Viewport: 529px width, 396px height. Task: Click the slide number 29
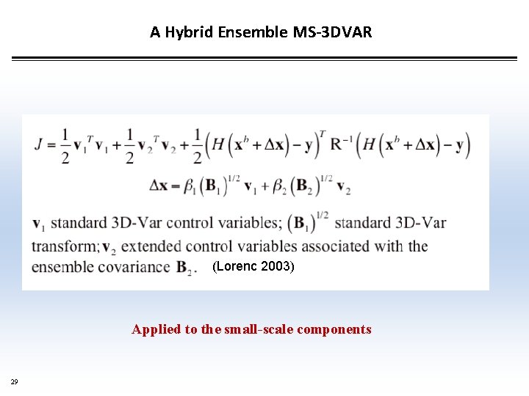tap(14, 381)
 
